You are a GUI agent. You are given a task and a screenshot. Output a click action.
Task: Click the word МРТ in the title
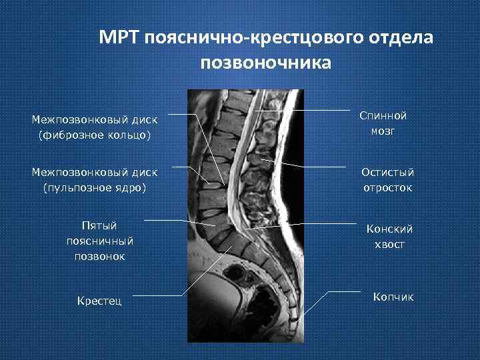[x=119, y=37]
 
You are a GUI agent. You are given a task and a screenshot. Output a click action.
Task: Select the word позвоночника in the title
[x=265, y=63]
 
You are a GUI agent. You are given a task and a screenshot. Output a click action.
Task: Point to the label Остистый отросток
[x=387, y=180]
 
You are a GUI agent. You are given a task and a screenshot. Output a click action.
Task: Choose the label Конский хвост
[x=390, y=237]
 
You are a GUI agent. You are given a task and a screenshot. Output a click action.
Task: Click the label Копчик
[x=393, y=297]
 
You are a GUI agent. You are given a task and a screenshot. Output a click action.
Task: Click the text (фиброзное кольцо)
[x=95, y=135]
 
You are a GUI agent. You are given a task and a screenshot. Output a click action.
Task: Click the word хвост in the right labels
[x=390, y=245]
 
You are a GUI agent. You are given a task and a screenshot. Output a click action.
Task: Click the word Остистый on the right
[x=387, y=172]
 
